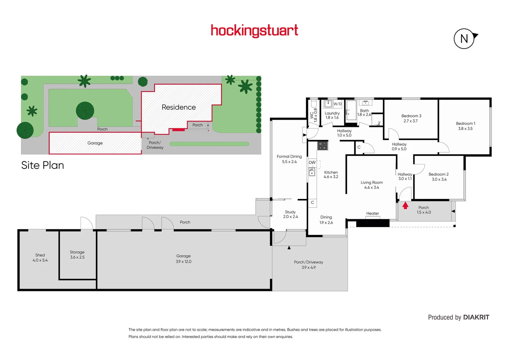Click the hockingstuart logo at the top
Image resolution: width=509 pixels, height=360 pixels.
point(254,31)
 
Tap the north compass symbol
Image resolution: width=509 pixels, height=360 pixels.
point(464,39)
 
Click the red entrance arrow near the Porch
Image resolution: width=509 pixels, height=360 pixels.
point(405,205)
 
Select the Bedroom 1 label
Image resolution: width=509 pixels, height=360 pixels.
point(465,123)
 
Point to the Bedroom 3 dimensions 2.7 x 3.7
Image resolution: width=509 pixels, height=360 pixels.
point(410,121)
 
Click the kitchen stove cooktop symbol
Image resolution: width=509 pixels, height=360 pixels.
point(322,145)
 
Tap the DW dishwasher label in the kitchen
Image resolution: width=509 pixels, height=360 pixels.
point(312,163)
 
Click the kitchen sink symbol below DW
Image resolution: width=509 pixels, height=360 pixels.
point(312,172)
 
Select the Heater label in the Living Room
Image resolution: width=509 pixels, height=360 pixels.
point(372,213)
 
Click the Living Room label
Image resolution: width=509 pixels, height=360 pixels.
point(371,182)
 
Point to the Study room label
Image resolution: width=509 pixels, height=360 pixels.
point(290,212)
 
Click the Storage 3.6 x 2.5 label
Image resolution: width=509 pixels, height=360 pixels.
point(77,255)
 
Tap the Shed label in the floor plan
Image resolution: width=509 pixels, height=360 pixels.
point(40,255)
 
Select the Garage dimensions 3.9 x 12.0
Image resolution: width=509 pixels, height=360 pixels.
point(183,262)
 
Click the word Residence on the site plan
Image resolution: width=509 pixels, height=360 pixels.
point(179,107)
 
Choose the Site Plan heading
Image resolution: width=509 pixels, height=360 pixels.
point(42,165)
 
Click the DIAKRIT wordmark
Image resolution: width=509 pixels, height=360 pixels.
point(476,317)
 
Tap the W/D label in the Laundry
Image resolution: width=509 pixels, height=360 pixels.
point(338,104)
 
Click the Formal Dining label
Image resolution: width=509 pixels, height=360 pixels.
point(289,156)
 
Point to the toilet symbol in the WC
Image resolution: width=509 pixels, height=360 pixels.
point(313,102)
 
